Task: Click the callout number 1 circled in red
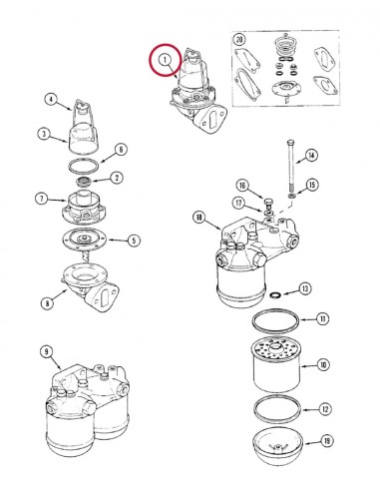point(165,60)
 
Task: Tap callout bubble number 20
point(239,40)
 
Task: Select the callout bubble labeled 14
point(311,156)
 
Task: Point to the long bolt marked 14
point(291,168)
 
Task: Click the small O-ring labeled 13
point(275,294)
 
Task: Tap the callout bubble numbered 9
point(46,351)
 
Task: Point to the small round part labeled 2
point(84,183)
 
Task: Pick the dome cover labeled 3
point(83,138)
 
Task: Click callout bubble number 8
point(47,303)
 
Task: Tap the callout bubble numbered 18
point(199,218)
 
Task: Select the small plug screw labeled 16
point(268,202)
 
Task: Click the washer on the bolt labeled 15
point(292,196)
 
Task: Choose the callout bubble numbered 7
point(42,199)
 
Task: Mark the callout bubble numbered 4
point(51,100)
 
